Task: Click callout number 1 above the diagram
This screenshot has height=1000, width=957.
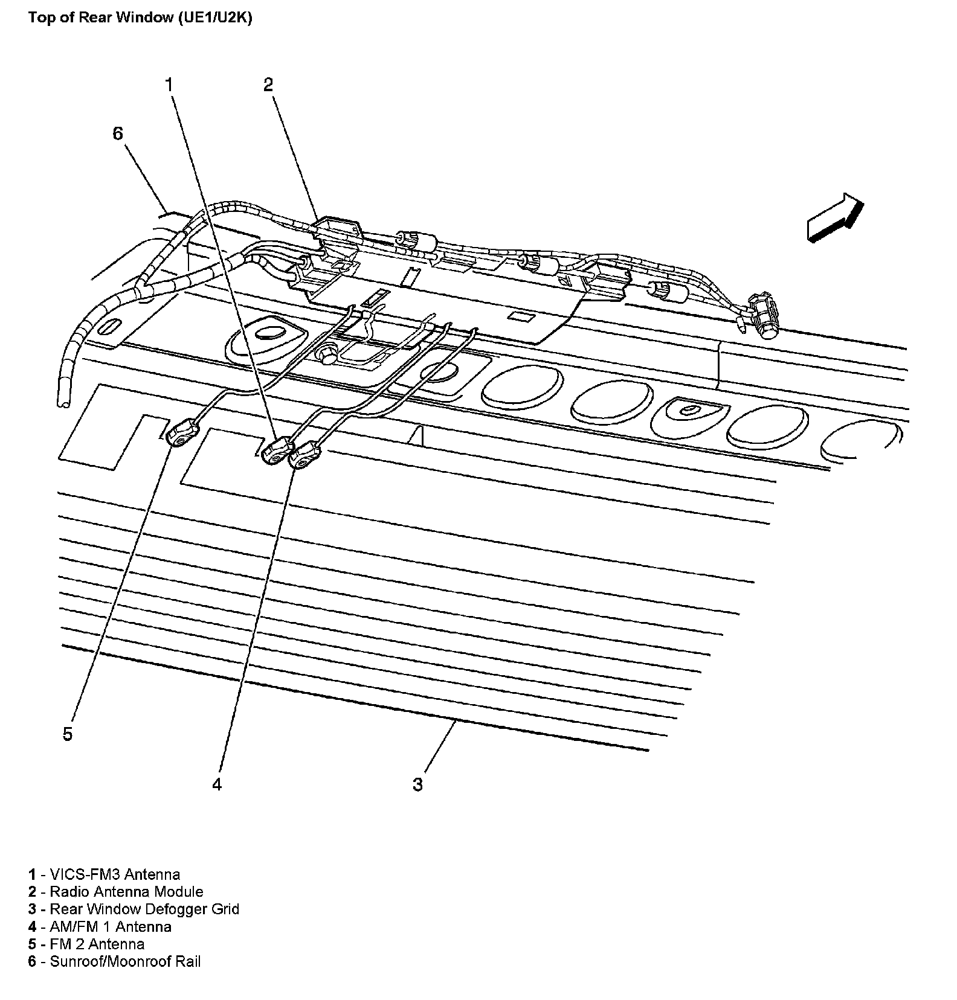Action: (170, 85)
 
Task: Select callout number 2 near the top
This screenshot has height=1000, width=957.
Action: (268, 85)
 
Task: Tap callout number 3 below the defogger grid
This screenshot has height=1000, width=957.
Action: (418, 784)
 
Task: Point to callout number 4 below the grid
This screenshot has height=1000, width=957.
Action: (217, 784)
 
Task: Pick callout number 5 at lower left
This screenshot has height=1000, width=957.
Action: (68, 734)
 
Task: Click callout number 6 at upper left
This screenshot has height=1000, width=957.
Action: (118, 133)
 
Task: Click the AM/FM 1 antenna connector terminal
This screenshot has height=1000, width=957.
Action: (306, 455)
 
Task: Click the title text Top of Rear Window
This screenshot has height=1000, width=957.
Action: (101, 18)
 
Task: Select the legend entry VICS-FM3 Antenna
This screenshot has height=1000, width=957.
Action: (115, 874)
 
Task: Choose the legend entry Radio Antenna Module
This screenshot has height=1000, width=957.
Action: (126, 891)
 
